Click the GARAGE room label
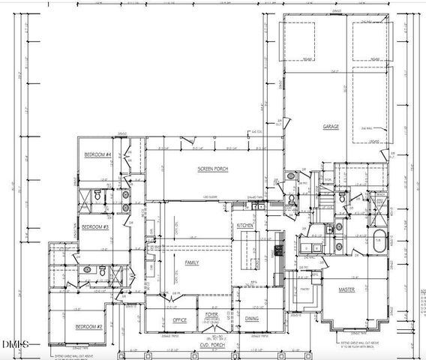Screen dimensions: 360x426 pyautogui.click(x=331, y=127)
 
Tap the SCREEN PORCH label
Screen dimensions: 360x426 pyautogui.click(x=212, y=169)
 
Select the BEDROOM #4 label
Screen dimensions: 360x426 pyautogui.click(x=97, y=154)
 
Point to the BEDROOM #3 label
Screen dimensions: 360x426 pyautogui.click(x=96, y=226)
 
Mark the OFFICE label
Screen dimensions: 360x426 pyautogui.click(x=179, y=319)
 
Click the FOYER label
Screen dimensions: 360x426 pyautogui.click(x=213, y=315)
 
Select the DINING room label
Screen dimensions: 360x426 pyautogui.click(x=253, y=319)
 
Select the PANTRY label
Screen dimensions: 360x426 pyautogui.click(x=305, y=287)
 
